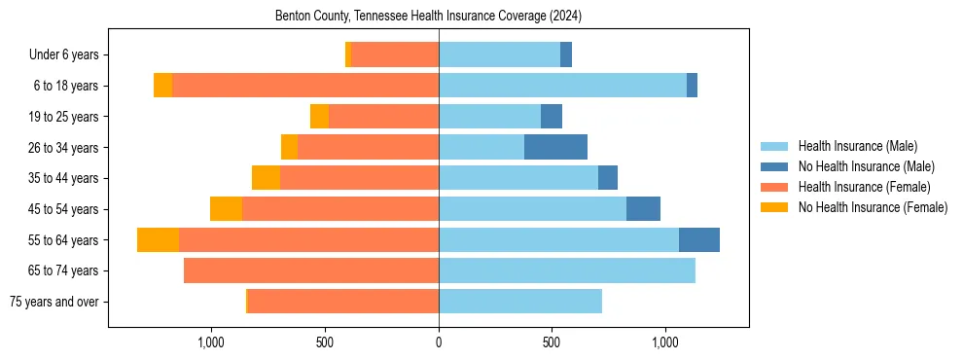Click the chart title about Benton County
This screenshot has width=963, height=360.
(428, 17)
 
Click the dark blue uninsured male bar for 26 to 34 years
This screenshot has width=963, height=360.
(555, 147)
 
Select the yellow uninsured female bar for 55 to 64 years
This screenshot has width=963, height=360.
(158, 239)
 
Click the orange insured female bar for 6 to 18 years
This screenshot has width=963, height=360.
(305, 86)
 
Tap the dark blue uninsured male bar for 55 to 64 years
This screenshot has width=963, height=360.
(699, 239)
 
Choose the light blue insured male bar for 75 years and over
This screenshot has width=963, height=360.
(520, 302)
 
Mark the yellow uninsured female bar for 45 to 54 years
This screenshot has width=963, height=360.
(226, 209)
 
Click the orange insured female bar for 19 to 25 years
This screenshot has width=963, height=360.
(383, 117)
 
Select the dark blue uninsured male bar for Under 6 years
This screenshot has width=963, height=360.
(566, 55)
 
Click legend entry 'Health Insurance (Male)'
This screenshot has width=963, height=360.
(857, 146)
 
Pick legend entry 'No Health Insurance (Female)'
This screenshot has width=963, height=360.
(873, 207)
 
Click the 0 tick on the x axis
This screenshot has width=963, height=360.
(439, 342)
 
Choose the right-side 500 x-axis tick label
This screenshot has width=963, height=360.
(552, 342)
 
